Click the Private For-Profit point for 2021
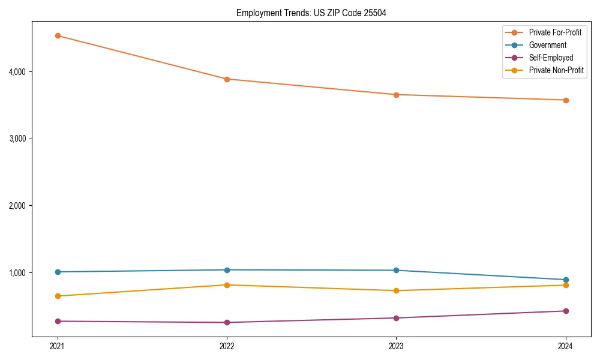pyautogui.click(x=58, y=35)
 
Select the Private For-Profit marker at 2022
pyautogui.click(x=227, y=79)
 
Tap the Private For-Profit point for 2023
pyautogui.click(x=396, y=95)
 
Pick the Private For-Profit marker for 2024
pyautogui.click(x=566, y=100)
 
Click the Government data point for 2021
pyautogui.click(x=58, y=272)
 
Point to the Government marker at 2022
pyautogui.click(x=227, y=270)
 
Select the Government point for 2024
pyautogui.click(x=566, y=280)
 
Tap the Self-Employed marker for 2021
pyautogui.click(x=58, y=321)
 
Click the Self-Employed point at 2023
pyautogui.click(x=396, y=318)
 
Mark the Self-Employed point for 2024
pyautogui.click(x=566, y=311)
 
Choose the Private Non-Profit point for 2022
pyautogui.click(x=227, y=285)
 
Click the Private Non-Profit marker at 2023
pyautogui.click(x=396, y=290)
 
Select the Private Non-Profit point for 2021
pyautogui.click(x=58, y=296)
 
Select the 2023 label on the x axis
pyautogui.click(x=396, y=346)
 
